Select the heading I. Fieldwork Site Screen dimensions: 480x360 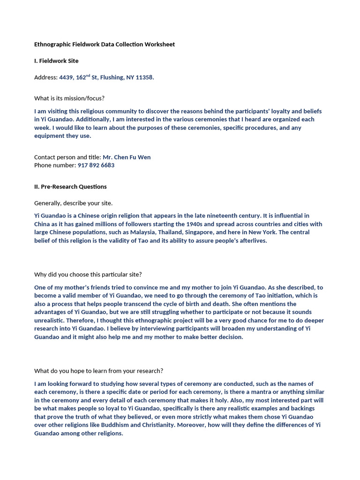[56, 61]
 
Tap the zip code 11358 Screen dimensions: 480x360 [144, 77]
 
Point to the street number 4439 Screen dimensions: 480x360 [66, 77]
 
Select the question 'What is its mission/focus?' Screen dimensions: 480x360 [69, 98]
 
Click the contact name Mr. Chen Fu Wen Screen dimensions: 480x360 [127, 157]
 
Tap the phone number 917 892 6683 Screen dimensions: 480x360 [96, 165]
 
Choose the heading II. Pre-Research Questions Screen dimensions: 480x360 [70, 187]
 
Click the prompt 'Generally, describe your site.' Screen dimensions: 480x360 [74, 203]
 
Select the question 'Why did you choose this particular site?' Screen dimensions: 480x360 [88, 275]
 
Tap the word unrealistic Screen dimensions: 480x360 [50, 320]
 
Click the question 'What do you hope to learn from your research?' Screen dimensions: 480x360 [98, 371]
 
